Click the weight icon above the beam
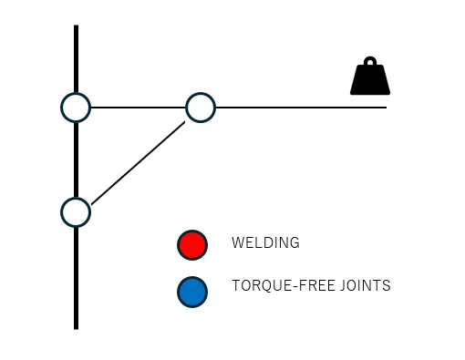(370, 79)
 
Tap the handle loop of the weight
(370, 64)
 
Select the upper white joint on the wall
(76, 108)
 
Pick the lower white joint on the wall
(76, 212)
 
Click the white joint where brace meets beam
(201, 108)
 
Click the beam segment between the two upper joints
(138, 108)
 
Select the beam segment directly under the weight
(370, 108)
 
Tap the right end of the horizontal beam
(385, 108)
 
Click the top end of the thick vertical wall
(76, 28)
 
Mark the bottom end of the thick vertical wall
(76, 325)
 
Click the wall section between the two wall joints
(76, 159)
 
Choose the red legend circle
(192, 244)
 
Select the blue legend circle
(192, 292)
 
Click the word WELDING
(265, 243)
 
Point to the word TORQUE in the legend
(258, 286)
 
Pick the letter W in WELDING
(237, 243)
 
